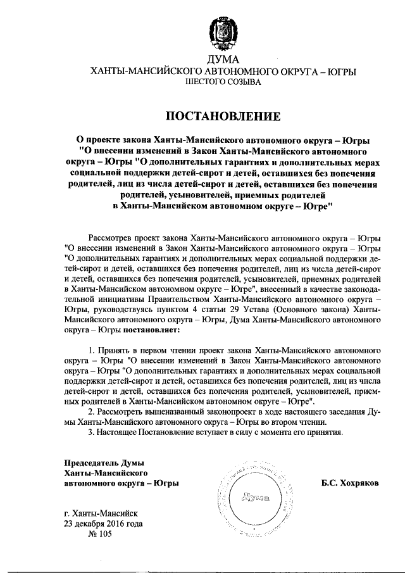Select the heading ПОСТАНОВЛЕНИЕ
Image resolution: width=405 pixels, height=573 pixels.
222,116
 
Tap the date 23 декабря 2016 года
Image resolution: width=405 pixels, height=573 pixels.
104,524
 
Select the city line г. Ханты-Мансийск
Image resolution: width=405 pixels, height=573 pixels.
101,513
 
